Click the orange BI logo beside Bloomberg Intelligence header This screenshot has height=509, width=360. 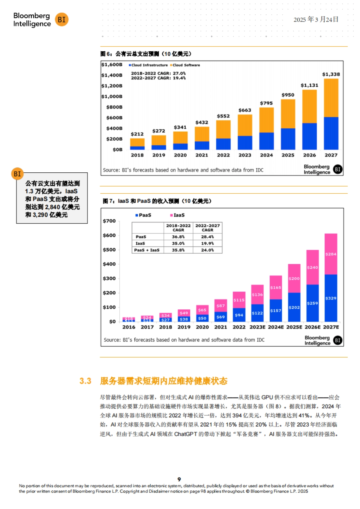tap(61, 19)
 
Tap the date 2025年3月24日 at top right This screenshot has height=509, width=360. tap(316, 19)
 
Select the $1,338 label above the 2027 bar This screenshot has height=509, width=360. tap(331, 74)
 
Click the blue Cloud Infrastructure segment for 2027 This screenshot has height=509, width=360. tap(331, 133)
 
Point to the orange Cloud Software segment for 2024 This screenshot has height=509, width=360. tap(266, 120)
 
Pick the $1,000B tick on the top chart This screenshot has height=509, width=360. tap(112, 97)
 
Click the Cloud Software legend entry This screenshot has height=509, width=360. tap(185, 65)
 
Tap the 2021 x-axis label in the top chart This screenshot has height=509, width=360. tap(202, 155)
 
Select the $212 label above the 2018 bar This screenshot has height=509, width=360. tap(137, 134)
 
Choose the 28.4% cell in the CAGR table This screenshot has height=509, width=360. tap(207, 237)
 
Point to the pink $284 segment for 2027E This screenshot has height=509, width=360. tap(331, 254)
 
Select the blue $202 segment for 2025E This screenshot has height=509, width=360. tap(294, 307)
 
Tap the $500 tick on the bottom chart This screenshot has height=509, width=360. tap(109, 250)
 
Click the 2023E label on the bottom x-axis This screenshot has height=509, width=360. tap(257, 327)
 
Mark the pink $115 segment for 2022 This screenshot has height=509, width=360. tap(239, 300)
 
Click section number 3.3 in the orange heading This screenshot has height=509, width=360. tap(85, 381)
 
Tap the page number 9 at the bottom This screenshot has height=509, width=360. tap(179, 479)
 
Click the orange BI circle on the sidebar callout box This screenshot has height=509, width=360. tap(17, 174)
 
